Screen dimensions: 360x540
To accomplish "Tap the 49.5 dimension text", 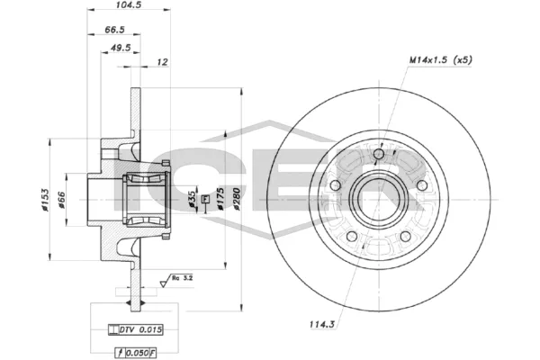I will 119,48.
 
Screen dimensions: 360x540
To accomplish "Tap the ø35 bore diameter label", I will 192,200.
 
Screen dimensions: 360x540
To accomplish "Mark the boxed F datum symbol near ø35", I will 205,197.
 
